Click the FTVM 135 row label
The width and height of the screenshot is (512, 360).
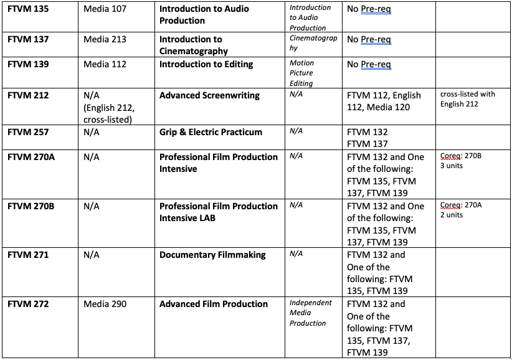(27, 8)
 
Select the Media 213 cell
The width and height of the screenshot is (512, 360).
(105, 39)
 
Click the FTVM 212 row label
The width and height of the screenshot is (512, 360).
(27, 95)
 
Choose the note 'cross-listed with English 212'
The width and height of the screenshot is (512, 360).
(467, 99)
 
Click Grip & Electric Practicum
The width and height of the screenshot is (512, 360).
(211, 132)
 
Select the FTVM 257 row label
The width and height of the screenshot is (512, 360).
(27, 132)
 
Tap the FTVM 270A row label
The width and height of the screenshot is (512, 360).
(31, 157)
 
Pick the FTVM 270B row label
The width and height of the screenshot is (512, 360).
(31, 206)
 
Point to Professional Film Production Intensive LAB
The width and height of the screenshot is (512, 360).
(218, 212)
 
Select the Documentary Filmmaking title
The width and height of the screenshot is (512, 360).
(212, 255)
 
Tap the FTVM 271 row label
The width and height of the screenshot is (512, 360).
(27, 255)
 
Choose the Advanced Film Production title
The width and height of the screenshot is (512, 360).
(214, 304)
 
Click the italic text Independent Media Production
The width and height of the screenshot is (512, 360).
(310, 313)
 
